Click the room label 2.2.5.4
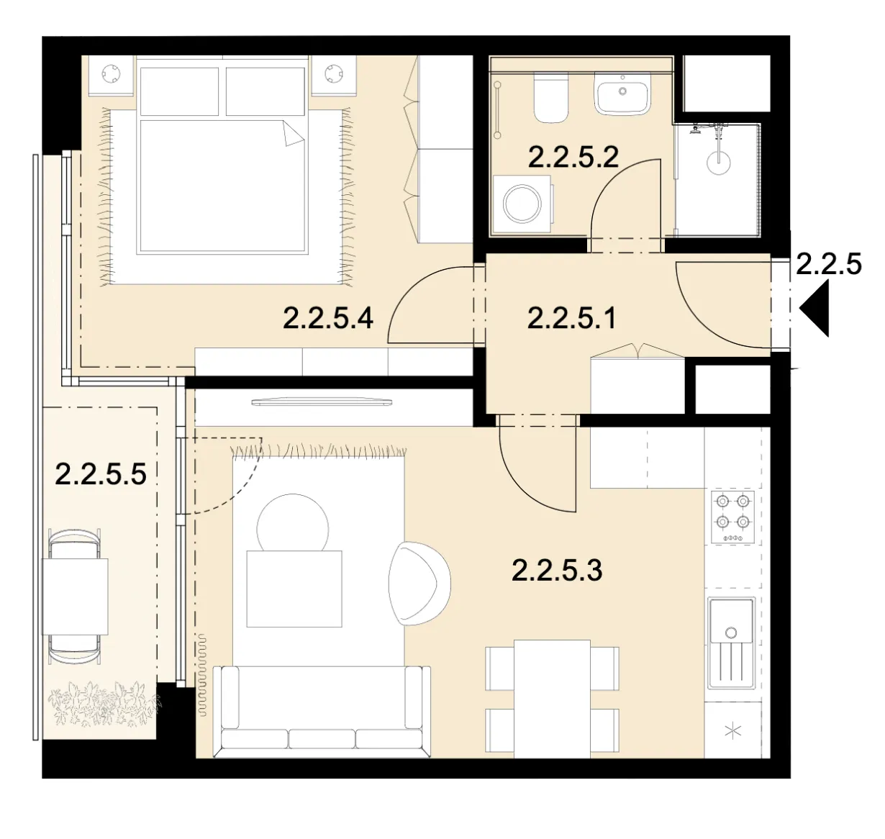tap(327, 318)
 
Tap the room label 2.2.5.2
tap(573, 157)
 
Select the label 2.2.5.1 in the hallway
tap(572, 318)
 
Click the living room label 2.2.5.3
tap(557, 570)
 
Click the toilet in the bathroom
tap(550, 98)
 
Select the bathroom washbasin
tap(622, 94)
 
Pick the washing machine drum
tap(522, 204)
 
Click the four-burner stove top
tap(732, 517)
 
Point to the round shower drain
tap(719, 162)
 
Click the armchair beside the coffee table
tap(419, 584)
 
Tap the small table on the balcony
tap(75, 597)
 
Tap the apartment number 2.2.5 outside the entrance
tap(829, 264)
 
